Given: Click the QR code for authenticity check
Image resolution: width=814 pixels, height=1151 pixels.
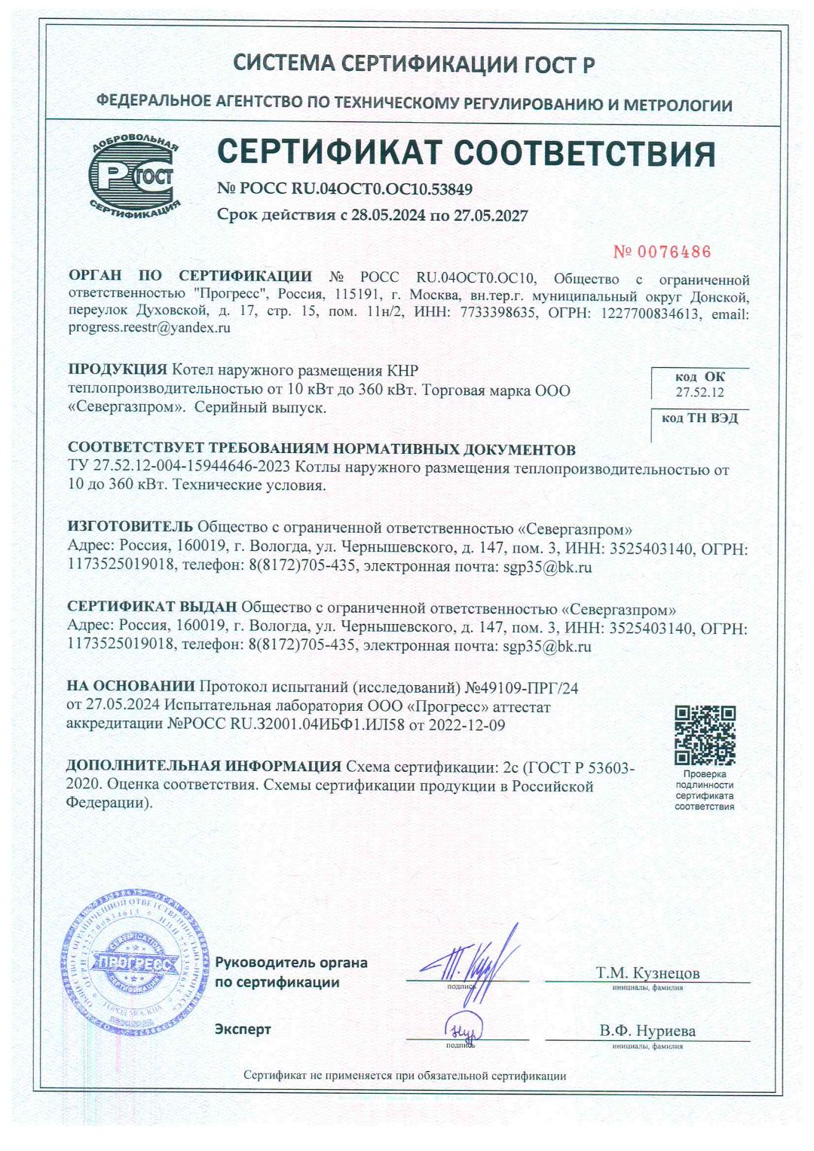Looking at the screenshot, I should (x=704, y=735).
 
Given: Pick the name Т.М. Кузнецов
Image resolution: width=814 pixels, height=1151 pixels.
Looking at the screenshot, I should (x=647, y=972).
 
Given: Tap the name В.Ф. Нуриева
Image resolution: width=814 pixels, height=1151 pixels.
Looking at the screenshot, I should (x=647, y=1030).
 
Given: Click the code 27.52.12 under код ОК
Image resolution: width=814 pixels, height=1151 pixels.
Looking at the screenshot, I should (x=699, y=392).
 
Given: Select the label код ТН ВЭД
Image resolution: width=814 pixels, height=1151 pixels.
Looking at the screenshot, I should (x=699, y=418).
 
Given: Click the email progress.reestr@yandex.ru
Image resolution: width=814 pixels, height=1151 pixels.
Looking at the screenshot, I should (x=149, y=328).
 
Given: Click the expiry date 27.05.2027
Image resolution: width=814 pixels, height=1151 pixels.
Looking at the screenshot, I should (x=491, y=216).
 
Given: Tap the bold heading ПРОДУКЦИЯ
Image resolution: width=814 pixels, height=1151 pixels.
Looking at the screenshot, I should (x=118, y=370).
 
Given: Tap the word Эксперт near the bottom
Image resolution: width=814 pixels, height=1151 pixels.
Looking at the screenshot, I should (x=243, y=1029).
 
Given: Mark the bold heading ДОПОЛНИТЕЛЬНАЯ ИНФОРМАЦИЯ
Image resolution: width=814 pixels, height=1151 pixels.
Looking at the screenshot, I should (x=203, y=767).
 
